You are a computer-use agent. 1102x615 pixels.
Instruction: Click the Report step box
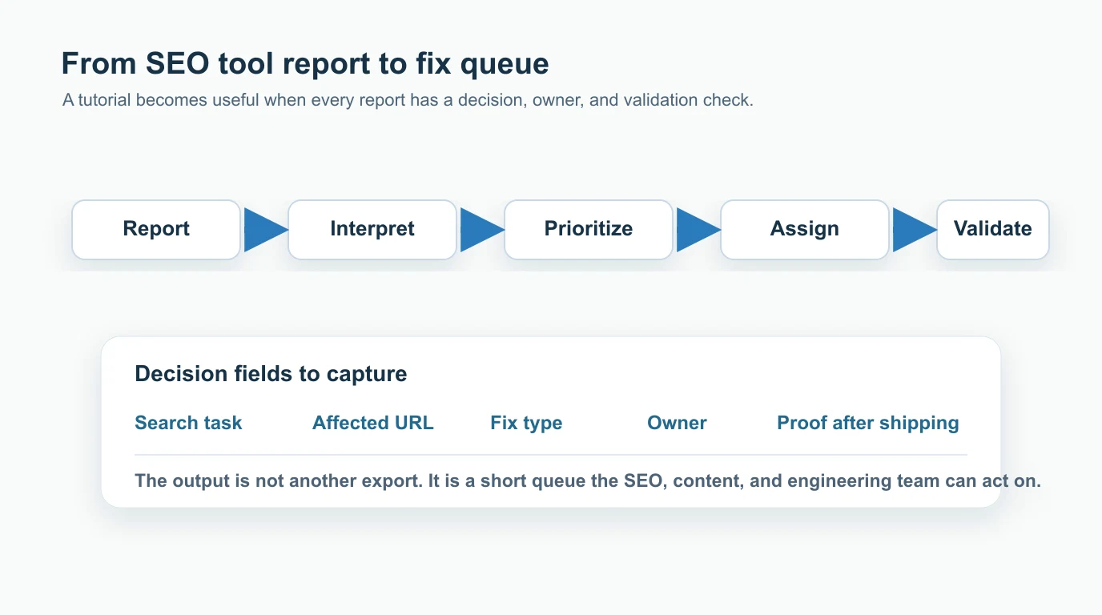(x=156, y=230)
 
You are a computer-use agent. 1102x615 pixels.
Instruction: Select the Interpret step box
(x=372, y=230)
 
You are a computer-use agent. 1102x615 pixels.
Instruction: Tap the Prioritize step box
(x=589, y=230)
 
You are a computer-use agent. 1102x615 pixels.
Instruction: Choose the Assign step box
(x=805, y=230)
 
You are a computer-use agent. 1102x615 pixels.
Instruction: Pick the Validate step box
(x=992, y=230)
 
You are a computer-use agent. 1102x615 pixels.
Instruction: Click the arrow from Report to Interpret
(x=263, y=231)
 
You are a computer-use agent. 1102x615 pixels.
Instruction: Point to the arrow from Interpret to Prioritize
(x=480, y=231)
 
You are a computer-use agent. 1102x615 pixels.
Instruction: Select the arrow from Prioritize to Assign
(x=696, y=231)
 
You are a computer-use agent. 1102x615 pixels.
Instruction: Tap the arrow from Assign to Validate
(x=912, y=231)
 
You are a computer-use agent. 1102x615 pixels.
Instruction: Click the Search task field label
(x=188, y=423)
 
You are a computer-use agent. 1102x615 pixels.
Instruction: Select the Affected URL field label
(x=372, y=423)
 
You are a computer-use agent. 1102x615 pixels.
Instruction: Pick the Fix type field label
(x=526, y=423)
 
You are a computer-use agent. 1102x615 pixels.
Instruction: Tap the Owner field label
(x=677, y=423)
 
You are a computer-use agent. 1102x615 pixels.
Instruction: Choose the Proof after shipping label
(x=867, y=423)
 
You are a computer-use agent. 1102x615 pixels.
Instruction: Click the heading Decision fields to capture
(x=271, y=374)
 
